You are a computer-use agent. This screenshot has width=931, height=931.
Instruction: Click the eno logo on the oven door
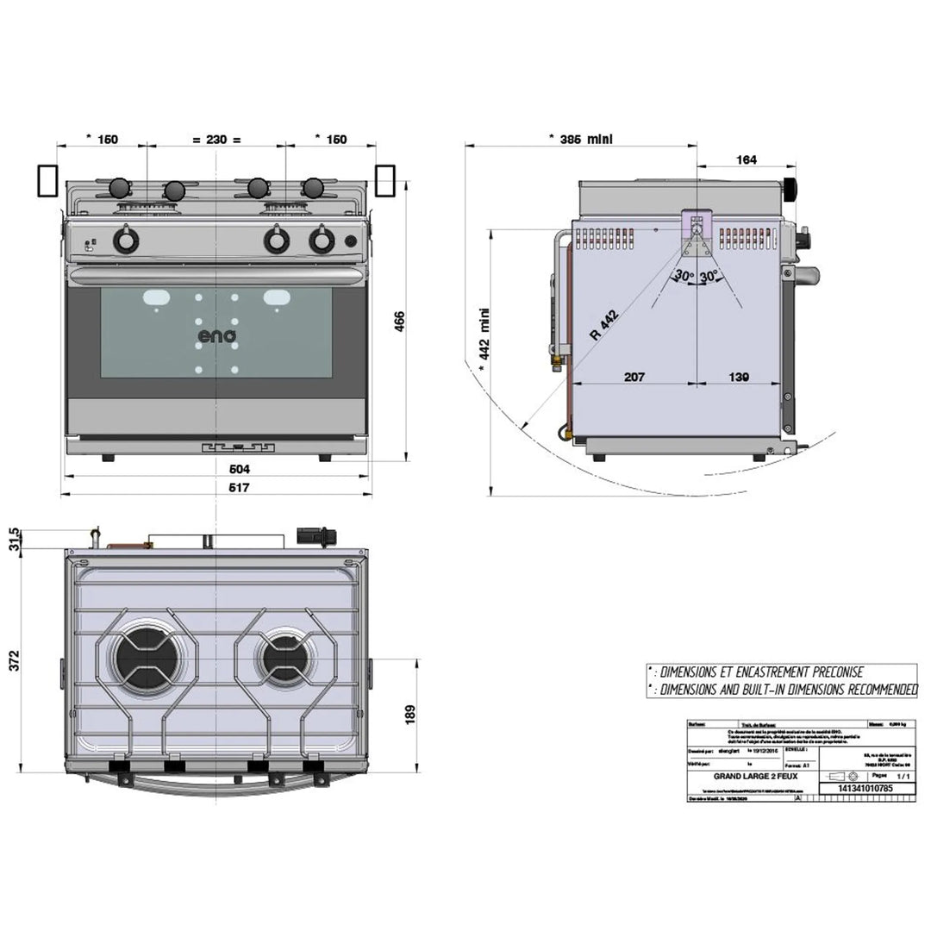pos(216,336)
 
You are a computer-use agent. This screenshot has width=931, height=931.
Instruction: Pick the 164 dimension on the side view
pos(747,159)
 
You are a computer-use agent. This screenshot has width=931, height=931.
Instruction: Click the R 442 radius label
pos(605,328)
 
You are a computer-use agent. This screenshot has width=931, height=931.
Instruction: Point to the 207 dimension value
pos(634,377)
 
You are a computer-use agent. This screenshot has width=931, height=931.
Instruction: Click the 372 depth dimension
pos(13,659)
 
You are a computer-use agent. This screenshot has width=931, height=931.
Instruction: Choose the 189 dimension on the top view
pos(410,714)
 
